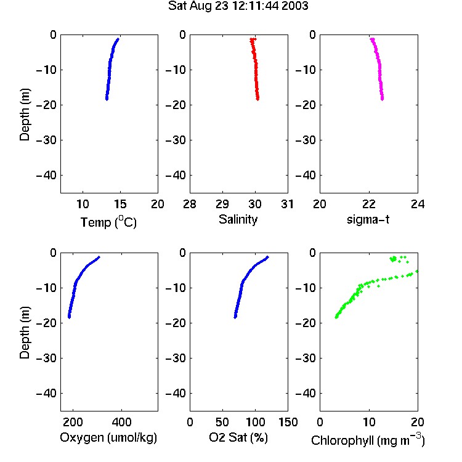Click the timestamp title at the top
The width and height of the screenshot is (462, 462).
click(238, 6)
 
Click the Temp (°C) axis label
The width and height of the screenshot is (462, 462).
click(108, 222)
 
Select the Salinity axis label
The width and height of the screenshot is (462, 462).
click(238, 219)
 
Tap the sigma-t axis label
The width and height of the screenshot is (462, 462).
click(368, 219)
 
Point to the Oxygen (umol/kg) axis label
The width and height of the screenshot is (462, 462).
click(108, 437)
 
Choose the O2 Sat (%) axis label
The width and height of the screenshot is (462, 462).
click(238, 437)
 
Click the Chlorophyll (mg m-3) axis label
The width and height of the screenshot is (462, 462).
click(368, 440)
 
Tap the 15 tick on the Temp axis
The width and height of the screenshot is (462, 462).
click(120, 204)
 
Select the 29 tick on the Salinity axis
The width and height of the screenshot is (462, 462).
click(222, 204)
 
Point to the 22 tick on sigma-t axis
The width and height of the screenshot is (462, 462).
click(369, 204)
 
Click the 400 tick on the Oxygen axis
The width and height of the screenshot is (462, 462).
click(122, 422)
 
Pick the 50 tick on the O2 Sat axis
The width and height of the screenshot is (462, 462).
click(222, 422)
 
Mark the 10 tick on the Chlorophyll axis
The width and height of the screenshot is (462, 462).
click(369, 422)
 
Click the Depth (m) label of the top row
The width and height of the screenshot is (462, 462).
click(25, 115)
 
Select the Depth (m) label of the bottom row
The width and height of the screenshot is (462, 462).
click(25, 333)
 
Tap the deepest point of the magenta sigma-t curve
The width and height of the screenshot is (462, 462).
click(382, 99)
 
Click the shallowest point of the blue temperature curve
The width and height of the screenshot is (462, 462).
click(118, 39)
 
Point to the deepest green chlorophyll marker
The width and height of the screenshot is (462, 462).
click(336, 317)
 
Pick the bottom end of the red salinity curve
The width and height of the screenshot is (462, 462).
click(258, 99)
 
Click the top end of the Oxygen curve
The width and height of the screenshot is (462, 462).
click(99, 257)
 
